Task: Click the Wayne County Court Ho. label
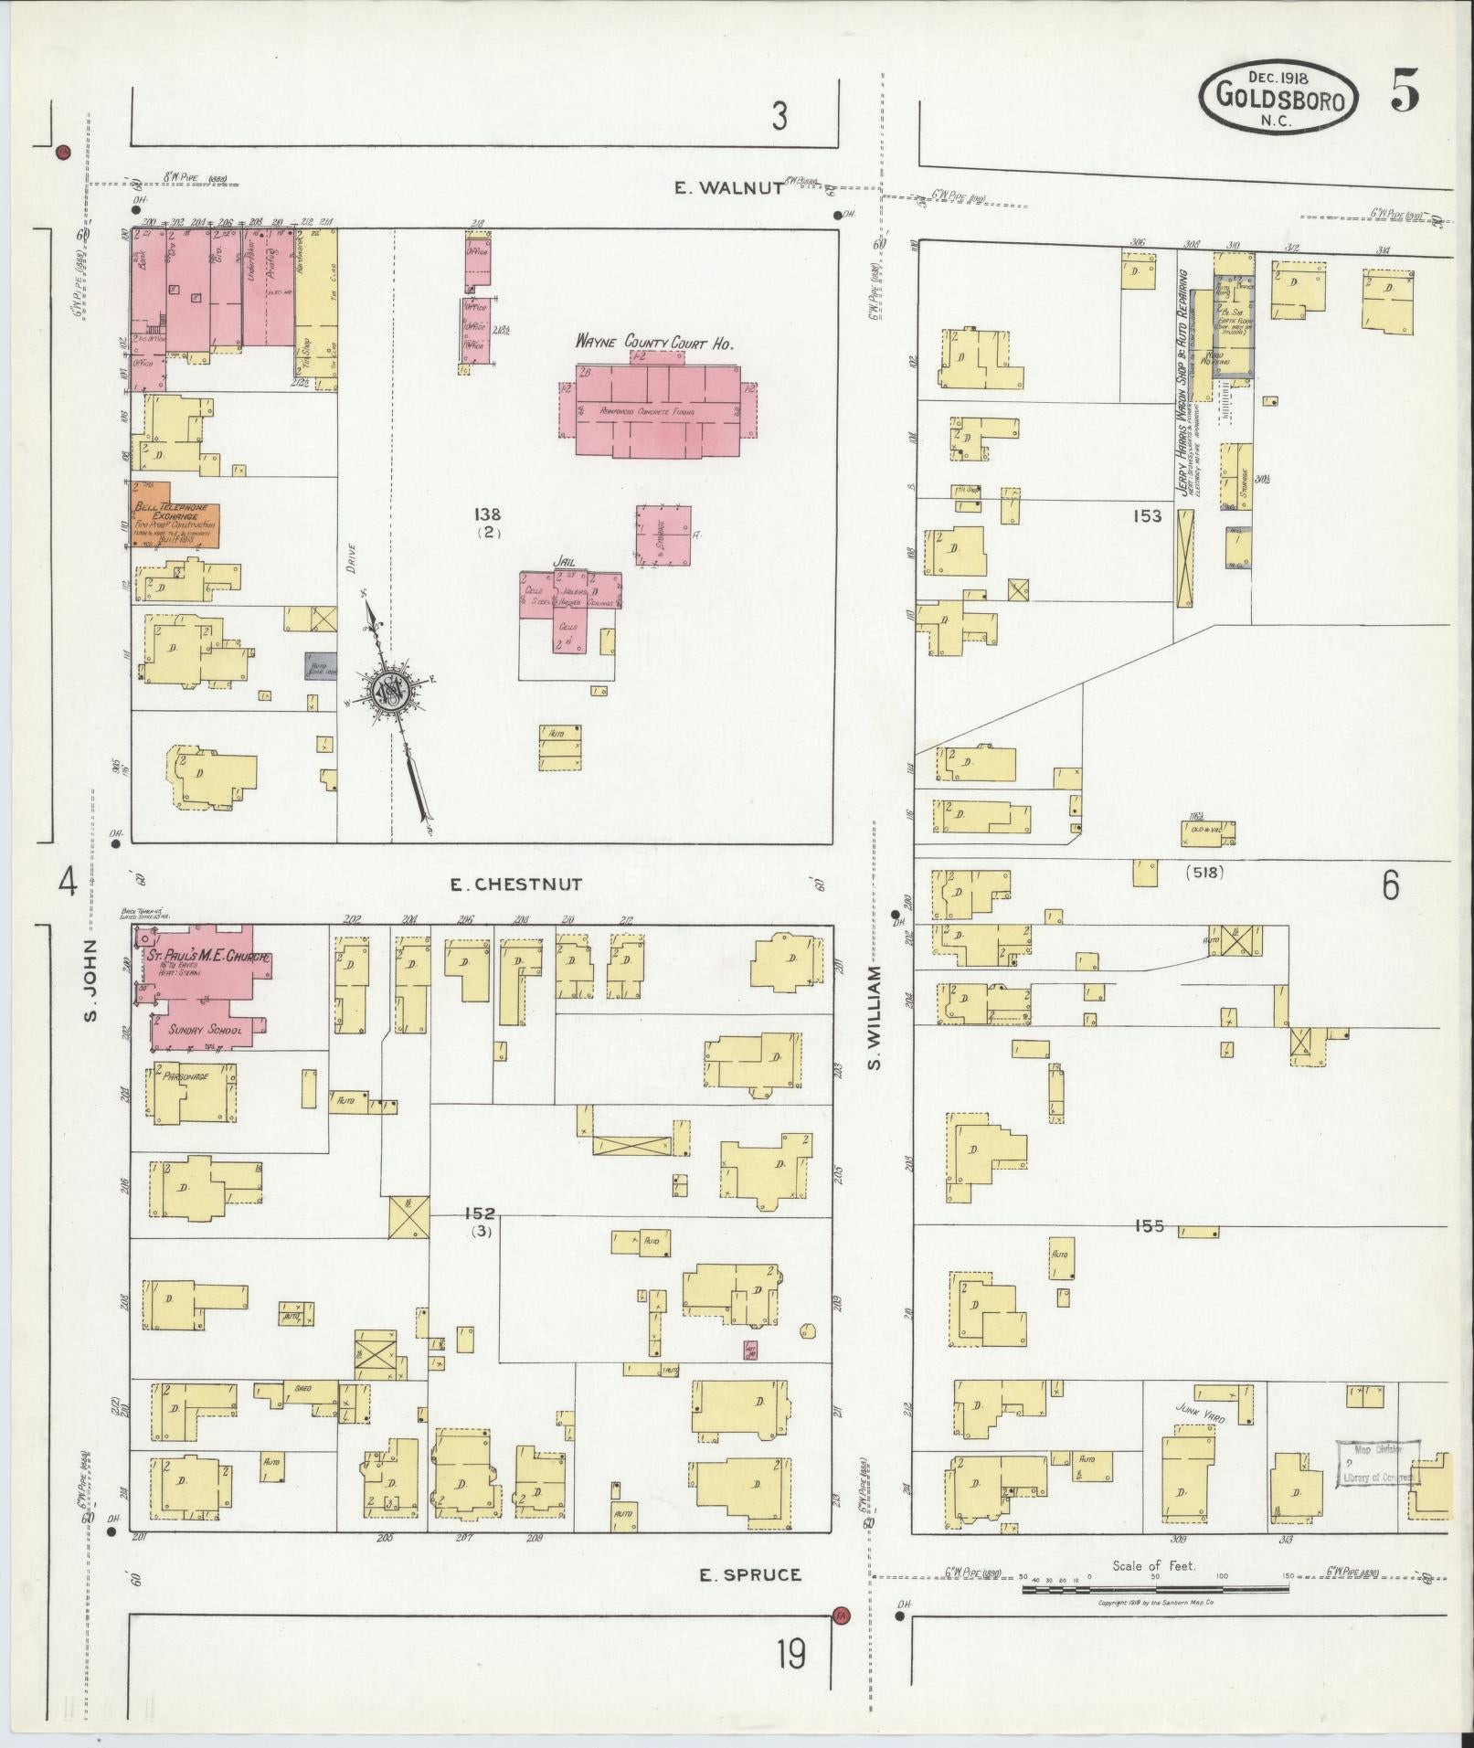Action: coord(655,342)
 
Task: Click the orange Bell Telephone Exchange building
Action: coord(174,515)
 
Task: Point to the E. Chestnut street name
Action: coord(515,884)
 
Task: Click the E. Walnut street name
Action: coord(728,187)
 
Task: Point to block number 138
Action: coord(488,514)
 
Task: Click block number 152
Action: coord(479,1213)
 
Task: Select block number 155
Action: coord(1149,1226)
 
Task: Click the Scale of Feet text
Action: coord(1153,1565)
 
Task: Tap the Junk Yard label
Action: coord(1200,1437)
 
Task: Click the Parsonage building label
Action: coord(186,1076)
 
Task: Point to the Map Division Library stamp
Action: coord(1378,1488)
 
